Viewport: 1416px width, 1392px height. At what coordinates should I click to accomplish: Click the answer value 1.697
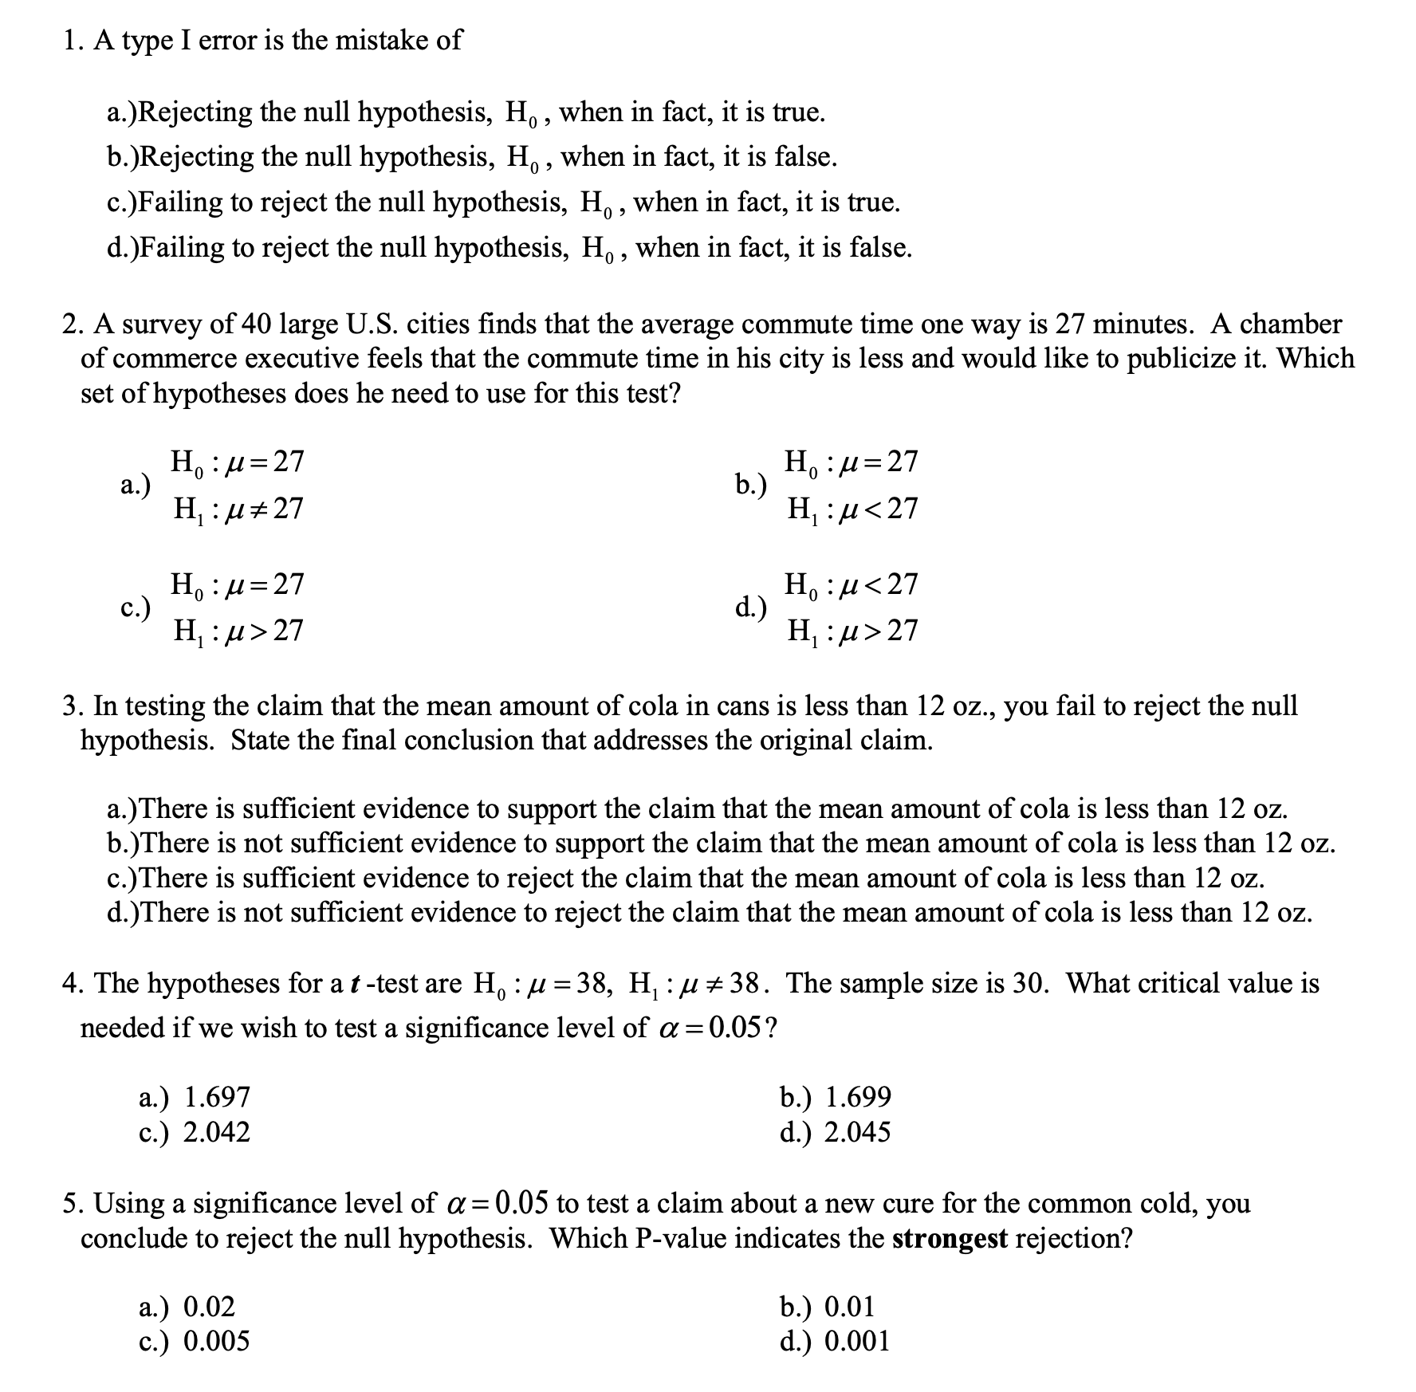click(x=217, y=1097)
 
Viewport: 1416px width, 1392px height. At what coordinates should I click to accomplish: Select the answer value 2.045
click(x=857, y=1132)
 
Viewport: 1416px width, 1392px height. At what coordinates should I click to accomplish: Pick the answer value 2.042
click(x=217, y=1132)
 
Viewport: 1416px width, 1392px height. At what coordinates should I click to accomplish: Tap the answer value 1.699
click(x=858, y=1097)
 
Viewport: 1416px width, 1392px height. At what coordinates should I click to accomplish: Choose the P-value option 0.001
click(x=857, y=1341)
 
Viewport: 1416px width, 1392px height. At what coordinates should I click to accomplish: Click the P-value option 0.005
click(x=217, y=1341)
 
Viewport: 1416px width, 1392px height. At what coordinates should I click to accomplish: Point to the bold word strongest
click(x=950, y=1238)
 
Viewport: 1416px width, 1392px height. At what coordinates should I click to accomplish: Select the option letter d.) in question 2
click(x=751, y=608)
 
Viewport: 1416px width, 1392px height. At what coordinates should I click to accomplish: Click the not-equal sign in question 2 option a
click(x=258, y=509)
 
